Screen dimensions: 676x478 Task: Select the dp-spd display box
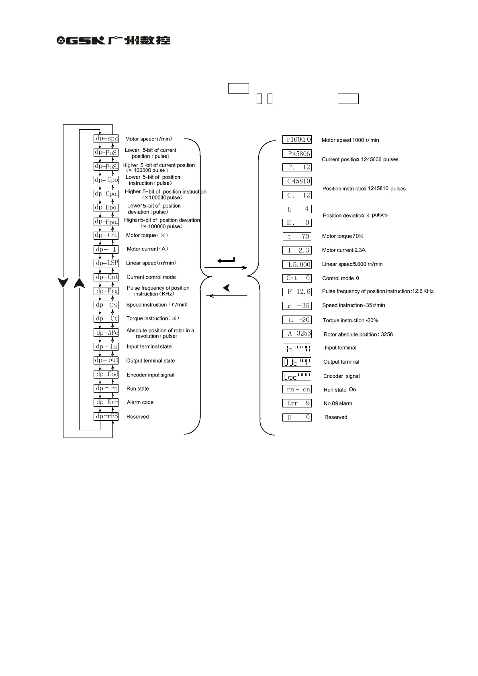click(x=106, y=138)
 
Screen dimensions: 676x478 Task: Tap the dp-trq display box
click(x=106, y=235)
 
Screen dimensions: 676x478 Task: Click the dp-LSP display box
click(x=106, y=263)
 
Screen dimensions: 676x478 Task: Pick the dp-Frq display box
click(x=106, y=291)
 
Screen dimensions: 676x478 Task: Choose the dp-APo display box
click(x=106, y=332)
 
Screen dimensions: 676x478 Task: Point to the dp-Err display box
click(x=106, y=402)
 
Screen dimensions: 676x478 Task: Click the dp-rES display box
click(x=106, y=416)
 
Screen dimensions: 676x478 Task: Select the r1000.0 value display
click(x=297, y=140)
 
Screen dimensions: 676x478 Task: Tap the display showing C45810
click(x=297, y=181)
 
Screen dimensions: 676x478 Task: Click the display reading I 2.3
click(x=297, y=250)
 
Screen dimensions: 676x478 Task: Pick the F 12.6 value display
click(x=297, y=292)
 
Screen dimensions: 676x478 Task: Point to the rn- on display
click(x=297, y=389)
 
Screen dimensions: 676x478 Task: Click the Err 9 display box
click(x=297, y=403)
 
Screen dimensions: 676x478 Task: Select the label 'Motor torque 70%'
click(x=343, y=236)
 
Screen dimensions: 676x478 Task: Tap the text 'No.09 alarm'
click(x=338, y=403)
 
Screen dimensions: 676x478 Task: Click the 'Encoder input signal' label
click(x=151, y=375)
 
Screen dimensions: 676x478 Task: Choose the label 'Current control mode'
click(x=151, y=277)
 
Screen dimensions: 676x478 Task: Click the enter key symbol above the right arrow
click(x=226, y=261)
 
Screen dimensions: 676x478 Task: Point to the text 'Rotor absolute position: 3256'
click(x=358, y=334)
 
